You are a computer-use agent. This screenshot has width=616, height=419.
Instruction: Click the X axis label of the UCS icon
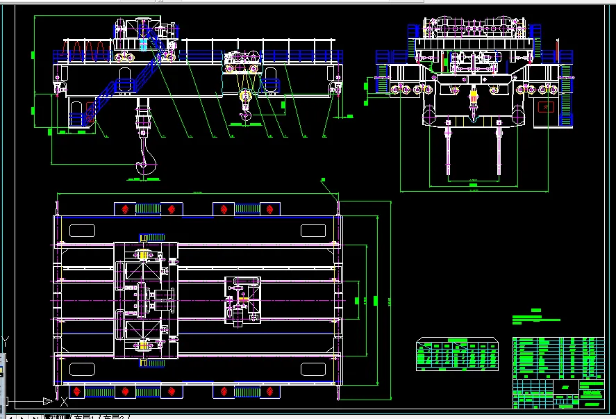[x=64, y=401]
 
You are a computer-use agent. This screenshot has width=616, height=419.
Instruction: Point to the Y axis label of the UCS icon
[x=6, y=340]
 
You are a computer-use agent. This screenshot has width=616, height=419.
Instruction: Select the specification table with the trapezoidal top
[x=457, y=354]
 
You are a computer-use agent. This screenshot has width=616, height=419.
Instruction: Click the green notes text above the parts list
[x=535, y=319]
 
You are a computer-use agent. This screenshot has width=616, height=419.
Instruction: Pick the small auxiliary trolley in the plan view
[x=242, y=301]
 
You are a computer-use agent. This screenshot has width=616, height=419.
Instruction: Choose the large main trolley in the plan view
[x=145, y=300]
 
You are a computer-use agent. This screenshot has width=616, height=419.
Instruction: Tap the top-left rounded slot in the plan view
[x=81, y=231]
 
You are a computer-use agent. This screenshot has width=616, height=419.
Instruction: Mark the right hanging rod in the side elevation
[x=499, y=149]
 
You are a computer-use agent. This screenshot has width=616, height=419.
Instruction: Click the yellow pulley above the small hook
[x=244, y=98]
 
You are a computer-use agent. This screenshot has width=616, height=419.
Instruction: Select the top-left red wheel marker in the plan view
[x=125, y=208]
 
